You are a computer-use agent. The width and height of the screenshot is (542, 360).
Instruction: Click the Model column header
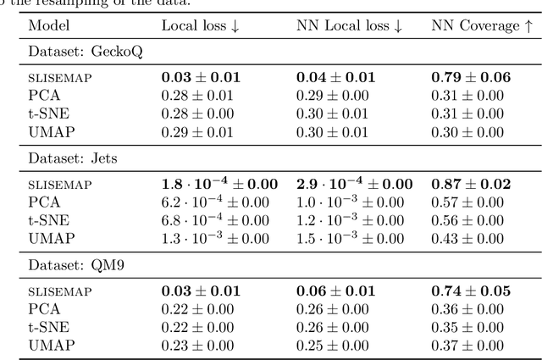pyautogui.click(x=48, y=25)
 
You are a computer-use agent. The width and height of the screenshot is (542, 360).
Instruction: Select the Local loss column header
pyautogui.click(x=200, y=25)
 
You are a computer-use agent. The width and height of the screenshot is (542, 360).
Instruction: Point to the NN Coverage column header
pyautogui.click(x=482, y=25)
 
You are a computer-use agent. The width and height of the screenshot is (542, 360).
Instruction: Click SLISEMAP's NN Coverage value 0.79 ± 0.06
pyautogui.click(x=471, y=77)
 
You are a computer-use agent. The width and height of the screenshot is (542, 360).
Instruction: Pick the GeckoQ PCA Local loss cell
pyautogui.click(x=197, y=93)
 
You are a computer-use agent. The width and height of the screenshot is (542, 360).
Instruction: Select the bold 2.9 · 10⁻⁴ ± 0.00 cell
pyautogui.click(x=354, y=183)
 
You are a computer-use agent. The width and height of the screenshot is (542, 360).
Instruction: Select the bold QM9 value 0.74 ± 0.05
pyautogui.click(x=471, y=290)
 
